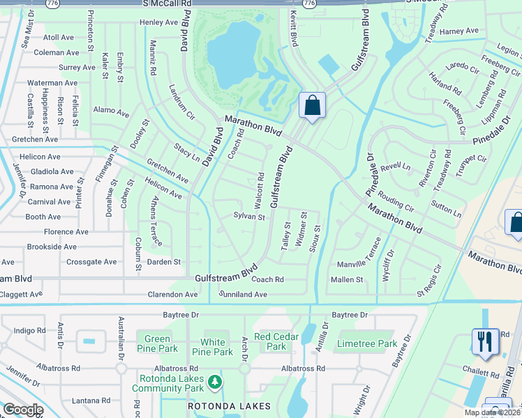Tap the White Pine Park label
(213, 347)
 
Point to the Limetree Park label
(367, 343)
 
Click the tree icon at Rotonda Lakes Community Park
(216, 382)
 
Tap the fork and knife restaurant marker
(485, 341)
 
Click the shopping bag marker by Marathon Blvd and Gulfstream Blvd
(313, 106)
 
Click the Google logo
(23, 410)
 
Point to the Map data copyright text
(492, 412)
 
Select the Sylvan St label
(249, 217)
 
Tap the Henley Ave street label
(159, 22)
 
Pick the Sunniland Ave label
(244, 295)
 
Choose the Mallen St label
(347, 279)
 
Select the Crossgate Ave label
(91, 262)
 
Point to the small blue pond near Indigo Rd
(89, 341)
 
